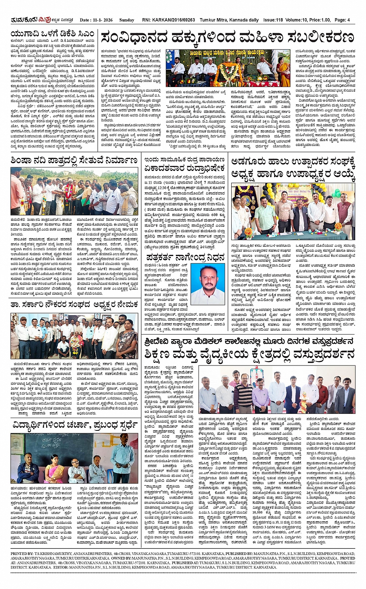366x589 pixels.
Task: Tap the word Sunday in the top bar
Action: tap(127, 20)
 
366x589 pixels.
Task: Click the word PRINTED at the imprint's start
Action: tap(19, 554)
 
